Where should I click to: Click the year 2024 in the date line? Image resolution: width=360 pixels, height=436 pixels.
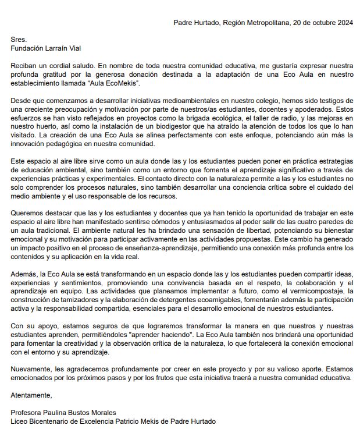(x=343, y=23)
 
